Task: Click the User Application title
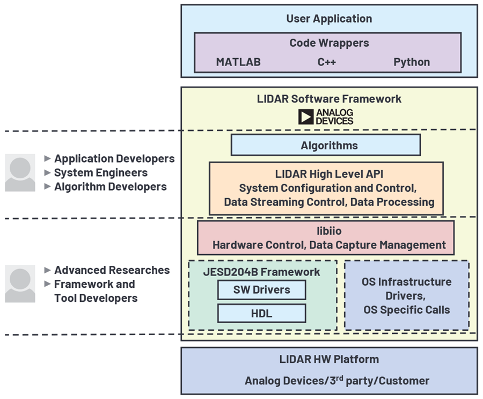[328, 19]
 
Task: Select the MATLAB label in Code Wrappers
[238, 62]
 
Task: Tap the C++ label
[326, 62]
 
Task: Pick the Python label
[412, 62]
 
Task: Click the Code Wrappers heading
[329, 43]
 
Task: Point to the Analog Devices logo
[326, 117]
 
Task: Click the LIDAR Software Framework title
[329, 99]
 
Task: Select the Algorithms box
[325, 146]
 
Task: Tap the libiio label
[329, 231]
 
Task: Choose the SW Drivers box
[261, 290]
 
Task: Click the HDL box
[261, 314]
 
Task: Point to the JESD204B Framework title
[261, 272]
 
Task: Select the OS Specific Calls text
[406, 310]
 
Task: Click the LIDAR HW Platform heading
[329, 359]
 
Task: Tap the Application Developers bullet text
[114, 159]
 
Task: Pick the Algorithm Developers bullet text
[110, 187]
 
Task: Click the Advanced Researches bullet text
[112, 270]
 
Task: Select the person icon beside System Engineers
[20, 173]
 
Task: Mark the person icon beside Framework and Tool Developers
[20, 284]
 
